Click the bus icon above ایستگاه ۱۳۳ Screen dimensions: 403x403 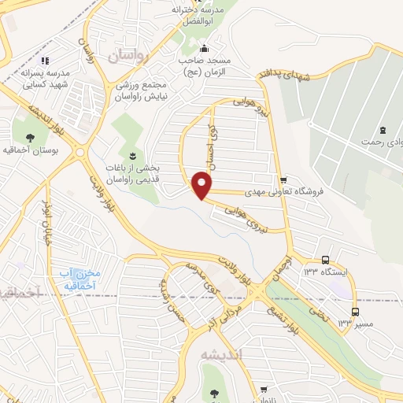pyautogui.click(x=325, y=260)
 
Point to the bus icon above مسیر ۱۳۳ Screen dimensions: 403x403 pyautogui.click(x=355, y=312)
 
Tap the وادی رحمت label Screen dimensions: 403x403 pyautogui.click(x=377, y=142)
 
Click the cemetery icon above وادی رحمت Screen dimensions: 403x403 pyautogui.click(x=383, y=130)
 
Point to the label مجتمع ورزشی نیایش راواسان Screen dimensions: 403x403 pyautogui.click(x=142, y=90)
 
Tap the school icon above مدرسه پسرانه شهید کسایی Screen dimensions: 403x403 pyautogui.click(x=45, y=60)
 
